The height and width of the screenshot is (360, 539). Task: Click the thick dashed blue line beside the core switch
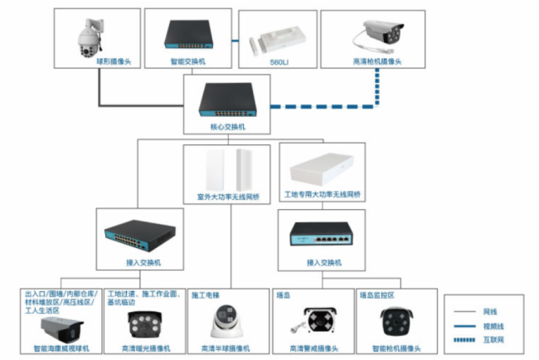(315, 106)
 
